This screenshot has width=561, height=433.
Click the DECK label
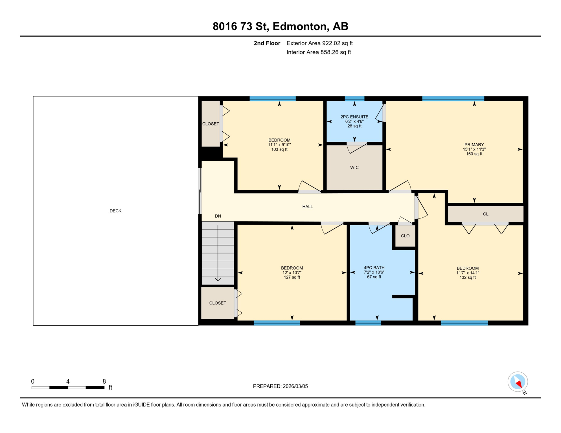tap(115, 211)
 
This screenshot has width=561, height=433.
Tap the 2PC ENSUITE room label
tap(354, 117)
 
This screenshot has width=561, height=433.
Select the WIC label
tap(354, 167)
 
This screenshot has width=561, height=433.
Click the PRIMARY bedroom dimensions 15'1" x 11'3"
tap(474, 149)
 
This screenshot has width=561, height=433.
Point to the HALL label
tap(308, 207)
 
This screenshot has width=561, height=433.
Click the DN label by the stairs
tap(218, 216)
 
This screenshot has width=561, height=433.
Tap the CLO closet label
tap(405, 236)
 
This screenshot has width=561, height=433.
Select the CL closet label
tap(486, 214)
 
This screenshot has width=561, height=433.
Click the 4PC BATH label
tap(374, 268)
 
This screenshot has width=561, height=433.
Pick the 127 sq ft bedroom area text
tap(292, 277)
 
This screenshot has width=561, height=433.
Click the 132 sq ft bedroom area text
tap(468, 278)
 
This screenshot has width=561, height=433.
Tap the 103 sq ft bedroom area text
tap(279, 149)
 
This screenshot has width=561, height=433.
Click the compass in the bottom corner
tap(518, 382)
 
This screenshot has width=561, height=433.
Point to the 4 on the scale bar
tap(68, 381)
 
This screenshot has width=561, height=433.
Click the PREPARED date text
tap(280, 386)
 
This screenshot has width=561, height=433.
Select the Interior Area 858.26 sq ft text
tap(319, 52)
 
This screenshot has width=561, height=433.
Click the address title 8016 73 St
tap(280, 26)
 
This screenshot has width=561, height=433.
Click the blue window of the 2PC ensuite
tap(354, 99)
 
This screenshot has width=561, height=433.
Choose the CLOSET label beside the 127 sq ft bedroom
tap(218, 303)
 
